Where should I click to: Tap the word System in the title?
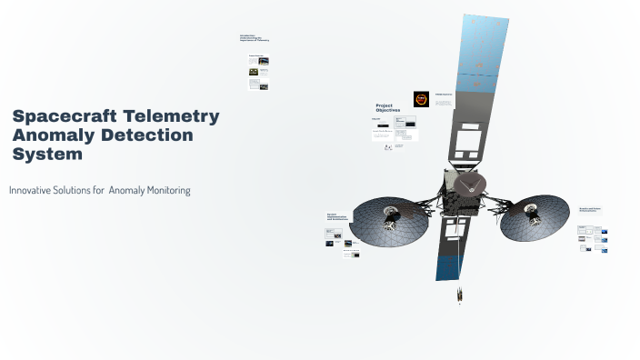47,155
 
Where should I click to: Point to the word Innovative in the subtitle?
36,190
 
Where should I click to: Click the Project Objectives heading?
388,107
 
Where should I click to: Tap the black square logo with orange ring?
421,99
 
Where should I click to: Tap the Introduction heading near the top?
254,38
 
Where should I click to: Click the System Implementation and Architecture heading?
337,218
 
